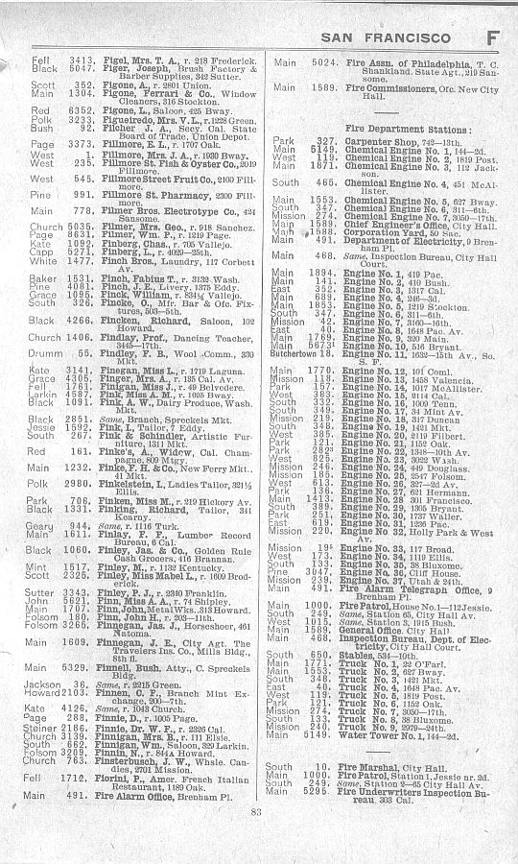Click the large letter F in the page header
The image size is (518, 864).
[x=491, y=37]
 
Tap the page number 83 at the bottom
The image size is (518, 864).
[x=256, y=838]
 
